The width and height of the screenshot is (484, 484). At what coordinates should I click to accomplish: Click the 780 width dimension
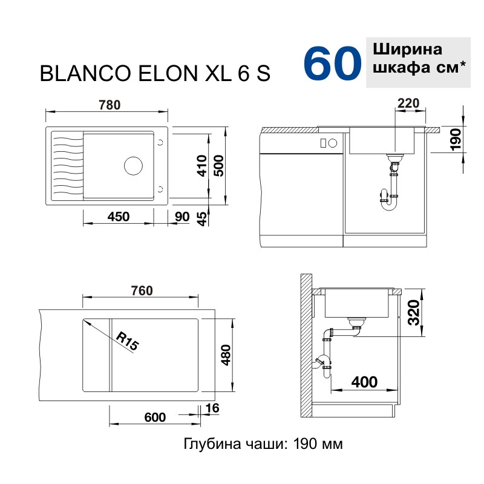[110, 105]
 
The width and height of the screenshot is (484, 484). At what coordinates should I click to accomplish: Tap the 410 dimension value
[202, 166]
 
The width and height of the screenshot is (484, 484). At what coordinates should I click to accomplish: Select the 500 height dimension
[218, 166]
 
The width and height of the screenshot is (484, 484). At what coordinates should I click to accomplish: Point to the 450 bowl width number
[119, 217]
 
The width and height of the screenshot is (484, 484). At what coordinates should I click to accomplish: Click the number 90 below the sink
[182, 217]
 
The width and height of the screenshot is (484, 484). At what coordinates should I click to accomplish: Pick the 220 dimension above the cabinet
[408, 103]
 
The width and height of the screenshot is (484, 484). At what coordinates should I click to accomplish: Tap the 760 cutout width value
[142, 291]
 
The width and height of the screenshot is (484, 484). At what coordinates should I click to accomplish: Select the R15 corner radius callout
[128, 341]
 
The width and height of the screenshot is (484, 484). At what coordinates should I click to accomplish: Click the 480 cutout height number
[226, 355]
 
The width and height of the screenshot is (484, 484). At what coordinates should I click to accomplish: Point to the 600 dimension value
[155, 417]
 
